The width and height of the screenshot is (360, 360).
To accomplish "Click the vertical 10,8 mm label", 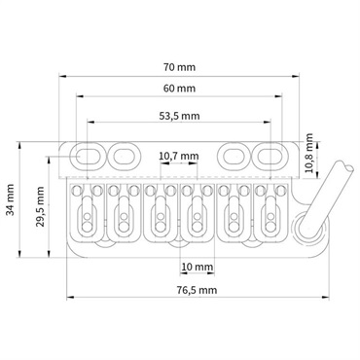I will point(310,155).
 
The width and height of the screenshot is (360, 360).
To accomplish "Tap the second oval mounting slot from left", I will point(123,155).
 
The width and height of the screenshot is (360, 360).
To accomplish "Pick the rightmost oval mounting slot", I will point(269,155).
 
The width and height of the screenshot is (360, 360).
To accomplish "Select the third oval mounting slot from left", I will point(234,155).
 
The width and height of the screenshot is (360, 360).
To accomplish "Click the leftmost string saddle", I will point(87,209).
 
